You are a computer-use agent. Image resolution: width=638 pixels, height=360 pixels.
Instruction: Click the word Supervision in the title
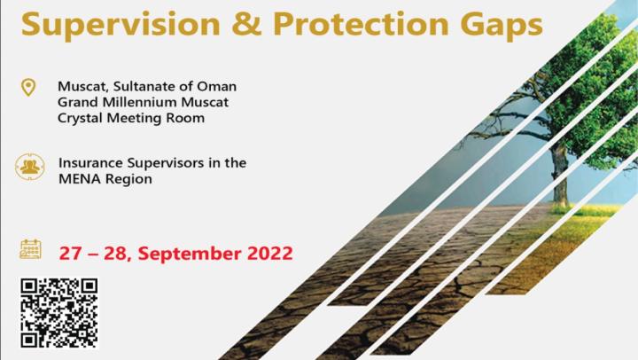pyautogui.click(x=121, y=26)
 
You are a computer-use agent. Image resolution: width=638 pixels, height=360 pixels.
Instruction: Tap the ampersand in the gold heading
pyautogui.click(x=246, y=24)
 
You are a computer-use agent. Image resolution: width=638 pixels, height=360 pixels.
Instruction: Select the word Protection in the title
pyautogui.click(x=361, y=24)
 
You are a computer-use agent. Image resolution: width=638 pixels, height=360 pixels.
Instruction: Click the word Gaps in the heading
pyautogui.click(x=502, y=26)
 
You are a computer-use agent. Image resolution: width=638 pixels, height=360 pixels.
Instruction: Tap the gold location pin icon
pyautogui.click(x=28, y=88)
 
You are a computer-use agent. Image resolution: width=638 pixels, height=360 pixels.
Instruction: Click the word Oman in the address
pyautogui.click(x=216, y=86)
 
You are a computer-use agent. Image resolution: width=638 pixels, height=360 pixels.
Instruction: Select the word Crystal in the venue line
pyautogui.click(x=80, y=118)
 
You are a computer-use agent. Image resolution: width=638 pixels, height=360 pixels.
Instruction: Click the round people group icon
pyautogui.click(x=30, y=167)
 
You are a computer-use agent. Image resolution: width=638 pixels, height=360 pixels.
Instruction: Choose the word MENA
pyautogui.click(x=80, y=179)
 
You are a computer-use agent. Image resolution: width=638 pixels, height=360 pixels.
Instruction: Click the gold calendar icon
pyautogui.click(x=30, y=249)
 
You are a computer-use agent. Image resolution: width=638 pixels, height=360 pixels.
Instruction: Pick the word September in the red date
pyautogui.click(x=190, y=254)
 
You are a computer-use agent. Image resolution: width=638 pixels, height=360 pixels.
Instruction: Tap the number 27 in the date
pyautogui.click(x=70, y=254)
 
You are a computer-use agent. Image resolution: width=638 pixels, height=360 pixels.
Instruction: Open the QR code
pyautogui.click(x=59, y=313)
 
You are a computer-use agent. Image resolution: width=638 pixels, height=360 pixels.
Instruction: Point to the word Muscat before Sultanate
pyautogui.click(x=83, y=87)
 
